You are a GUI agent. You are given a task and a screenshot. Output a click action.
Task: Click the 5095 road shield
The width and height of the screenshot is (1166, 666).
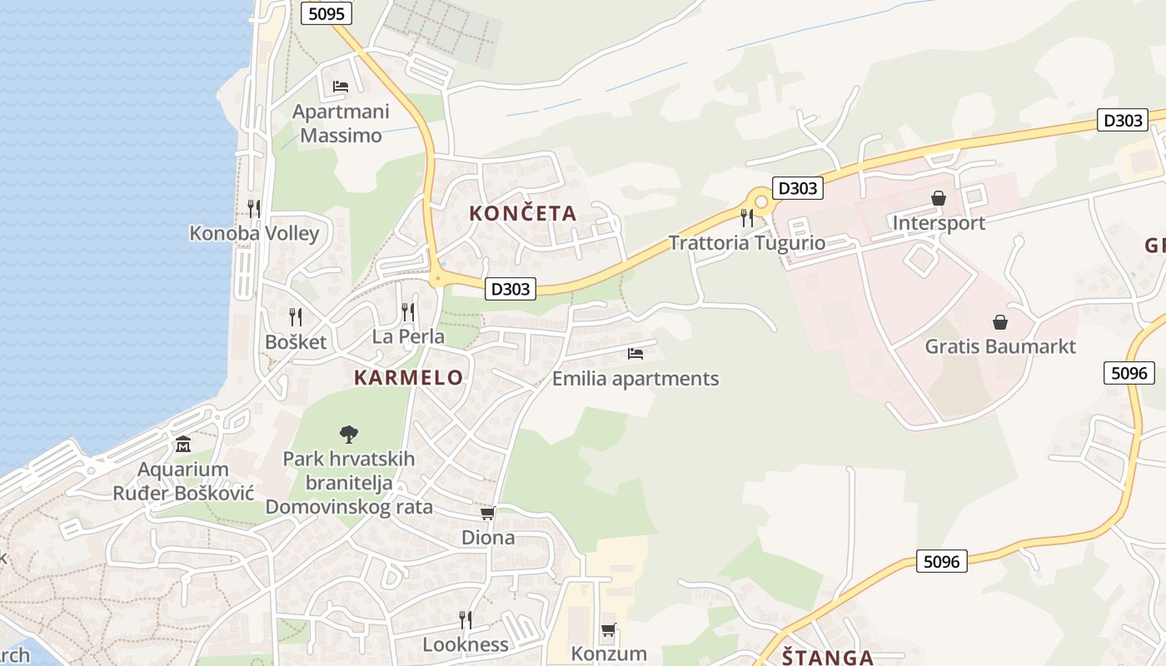326,13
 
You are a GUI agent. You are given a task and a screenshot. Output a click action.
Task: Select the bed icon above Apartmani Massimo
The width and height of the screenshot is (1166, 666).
340,87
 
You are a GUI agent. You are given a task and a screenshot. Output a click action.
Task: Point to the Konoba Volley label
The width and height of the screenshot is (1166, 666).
254,233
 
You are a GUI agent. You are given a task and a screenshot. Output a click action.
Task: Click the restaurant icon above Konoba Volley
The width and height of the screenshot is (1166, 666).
254,208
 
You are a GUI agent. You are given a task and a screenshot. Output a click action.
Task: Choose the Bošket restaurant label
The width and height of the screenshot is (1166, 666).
296,341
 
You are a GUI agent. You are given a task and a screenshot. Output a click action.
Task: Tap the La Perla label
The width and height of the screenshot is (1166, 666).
408,337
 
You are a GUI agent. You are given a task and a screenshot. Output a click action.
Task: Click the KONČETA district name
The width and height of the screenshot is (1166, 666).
522,213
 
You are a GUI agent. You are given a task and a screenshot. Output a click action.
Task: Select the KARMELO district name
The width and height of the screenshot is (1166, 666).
408,377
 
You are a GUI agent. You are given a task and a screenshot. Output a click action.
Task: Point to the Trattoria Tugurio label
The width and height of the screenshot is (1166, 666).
747,243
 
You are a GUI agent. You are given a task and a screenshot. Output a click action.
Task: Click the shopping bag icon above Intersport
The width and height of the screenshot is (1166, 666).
939,198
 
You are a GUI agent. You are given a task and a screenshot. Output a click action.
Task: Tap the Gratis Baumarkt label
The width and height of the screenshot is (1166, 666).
1000,346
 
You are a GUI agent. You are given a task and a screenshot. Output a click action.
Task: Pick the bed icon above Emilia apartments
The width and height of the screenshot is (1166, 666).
635,354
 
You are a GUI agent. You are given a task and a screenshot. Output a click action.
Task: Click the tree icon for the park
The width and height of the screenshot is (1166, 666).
349,434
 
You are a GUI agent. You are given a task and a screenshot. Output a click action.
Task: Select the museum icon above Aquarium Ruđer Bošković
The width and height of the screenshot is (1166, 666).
183,444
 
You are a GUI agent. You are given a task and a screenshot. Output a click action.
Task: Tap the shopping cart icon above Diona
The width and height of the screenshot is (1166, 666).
488,514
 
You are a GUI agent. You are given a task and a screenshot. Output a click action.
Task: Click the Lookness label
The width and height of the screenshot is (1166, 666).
465,644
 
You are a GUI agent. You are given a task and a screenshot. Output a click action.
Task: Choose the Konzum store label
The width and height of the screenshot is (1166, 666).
609,654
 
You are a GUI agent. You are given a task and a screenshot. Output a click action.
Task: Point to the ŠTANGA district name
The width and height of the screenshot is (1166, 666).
828,657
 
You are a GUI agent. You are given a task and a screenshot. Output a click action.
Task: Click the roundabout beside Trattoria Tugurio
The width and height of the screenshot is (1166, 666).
760,201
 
